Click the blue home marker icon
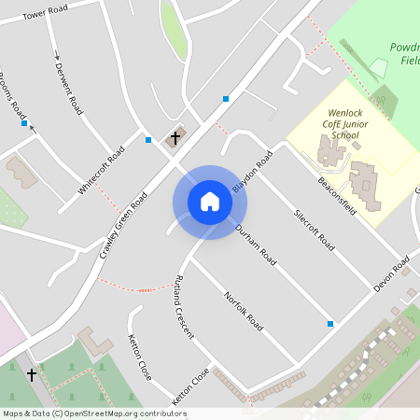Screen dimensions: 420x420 point(210,202)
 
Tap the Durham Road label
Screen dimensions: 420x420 point(255,245)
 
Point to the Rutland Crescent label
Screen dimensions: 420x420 point(183,307)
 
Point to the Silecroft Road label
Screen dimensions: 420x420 point(314,230)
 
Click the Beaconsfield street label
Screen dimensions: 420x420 point(337,195)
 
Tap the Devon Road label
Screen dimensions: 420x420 point(392,276)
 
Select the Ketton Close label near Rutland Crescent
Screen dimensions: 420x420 point(140,357)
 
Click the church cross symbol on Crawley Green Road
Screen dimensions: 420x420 point(175,138)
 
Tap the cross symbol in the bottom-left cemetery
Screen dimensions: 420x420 point(32,374)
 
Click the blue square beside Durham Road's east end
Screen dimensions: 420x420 point(330,324)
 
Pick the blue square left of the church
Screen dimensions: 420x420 point(148,140)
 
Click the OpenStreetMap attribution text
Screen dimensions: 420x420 point(94,413)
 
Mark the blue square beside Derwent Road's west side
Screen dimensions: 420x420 point(24,122)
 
